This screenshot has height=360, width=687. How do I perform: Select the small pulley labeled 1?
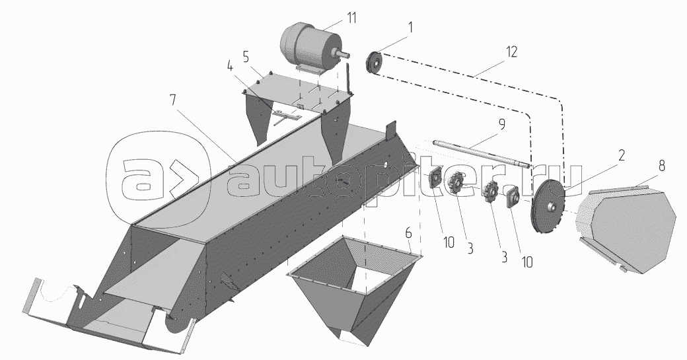373,63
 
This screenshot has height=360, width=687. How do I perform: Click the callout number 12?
511,52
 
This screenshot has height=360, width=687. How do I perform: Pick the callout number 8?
661,166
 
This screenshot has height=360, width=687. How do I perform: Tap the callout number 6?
408,233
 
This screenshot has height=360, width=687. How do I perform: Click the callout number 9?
501,124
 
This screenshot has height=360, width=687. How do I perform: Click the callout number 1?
410,27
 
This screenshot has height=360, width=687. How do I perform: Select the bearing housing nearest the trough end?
437,180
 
